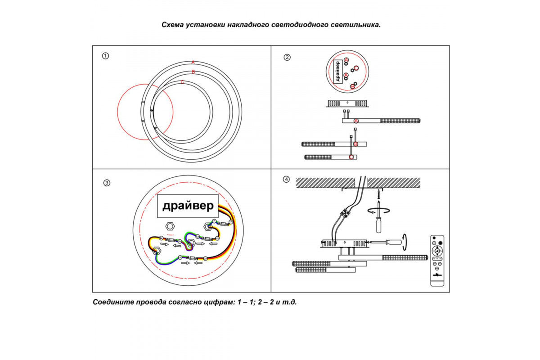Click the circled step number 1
pyautogui.click(x=105, y=56)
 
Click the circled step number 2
pyautogui.click(x=287, y=57)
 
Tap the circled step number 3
pyautogui.click(x=107, y=183)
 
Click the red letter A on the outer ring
pyautogui.click(x=193, y=62)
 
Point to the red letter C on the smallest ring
pyautogui.click(x=182, y=82)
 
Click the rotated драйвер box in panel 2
pyautogui.click(x=338, y=71)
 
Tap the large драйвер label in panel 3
pyautogui.click(x=188, y=207)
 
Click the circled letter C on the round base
pyautogui.click(x=356, y=68)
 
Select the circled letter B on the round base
pyautogui.click(x=353, y=86)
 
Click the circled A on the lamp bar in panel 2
pyautogui.click(x=356, y=121)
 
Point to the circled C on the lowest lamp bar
pyautogui.click(x=351, y=157)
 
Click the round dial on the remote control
pyautogui.click(x=437, y=251)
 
